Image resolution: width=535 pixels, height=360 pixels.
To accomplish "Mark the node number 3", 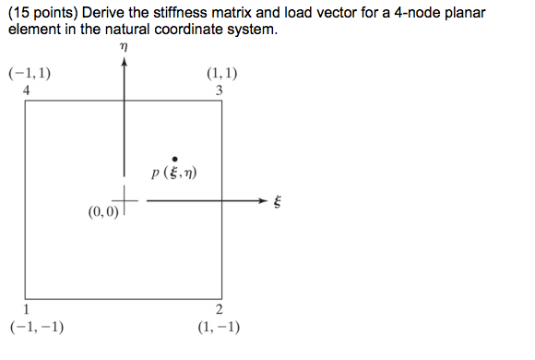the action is pyautogui.click(x=219, y=90).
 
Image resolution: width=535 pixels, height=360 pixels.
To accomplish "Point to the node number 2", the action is pyautogui.click(x=220, y=310).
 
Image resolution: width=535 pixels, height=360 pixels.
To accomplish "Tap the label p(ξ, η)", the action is pyautogui.click(x=175, y=174).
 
